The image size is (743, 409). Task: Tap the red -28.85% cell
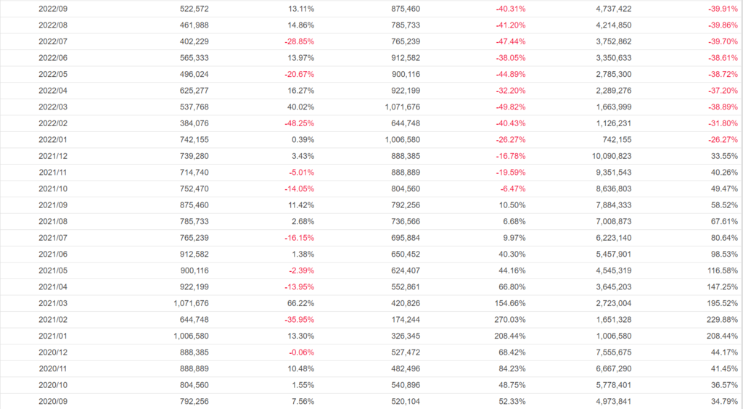pos(299,41)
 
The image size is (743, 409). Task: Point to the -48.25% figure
pos(299,123)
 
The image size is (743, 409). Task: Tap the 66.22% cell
pos(301,303)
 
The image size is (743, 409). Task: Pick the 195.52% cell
pos(722,303)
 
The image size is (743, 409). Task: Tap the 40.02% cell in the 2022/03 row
pos(301,107)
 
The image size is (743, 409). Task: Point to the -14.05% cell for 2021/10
pos(299,189)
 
